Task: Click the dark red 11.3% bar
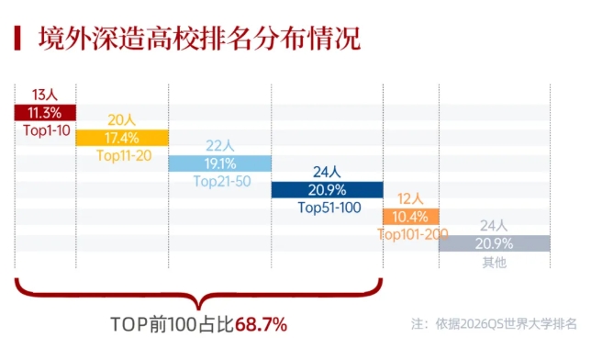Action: pyautogui.click(x=45, y=113)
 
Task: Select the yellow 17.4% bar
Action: pyautogui.click(x=122, y=138)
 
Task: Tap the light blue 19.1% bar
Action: pyautogui.click(x=219, y=163)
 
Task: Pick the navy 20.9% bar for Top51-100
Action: pyautogui.click(x=327, y=189)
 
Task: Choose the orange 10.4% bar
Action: pyautogui.click(x=410, y=217)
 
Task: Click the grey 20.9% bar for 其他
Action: pyautogui.click(x=495, y=243)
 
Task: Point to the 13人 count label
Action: pyautogui.click(x=45, y=96)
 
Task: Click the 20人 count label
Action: pyautogui.click(x=122, y=120)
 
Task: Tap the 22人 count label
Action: pyautogui.click(x=219, y=146)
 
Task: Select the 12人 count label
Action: pyautogui.click(x=410, y=198)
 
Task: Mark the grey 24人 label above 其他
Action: pyautogui.click(x=494, y=226)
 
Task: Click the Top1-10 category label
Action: pyautogui.click(x=45, y=129)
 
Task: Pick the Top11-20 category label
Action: pyautogui.click(x=122, y=155)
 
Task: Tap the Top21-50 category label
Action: pyautogui.click(x=219, y=181)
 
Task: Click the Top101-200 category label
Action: pyautogui.click(x=412, y=234)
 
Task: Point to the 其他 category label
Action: pyautogui.click(x=494, y=262)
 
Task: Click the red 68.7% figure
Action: pyautogui.click(x=262, y=324)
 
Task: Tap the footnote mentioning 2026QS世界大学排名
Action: pyautogui.click(x=494, y=324)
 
